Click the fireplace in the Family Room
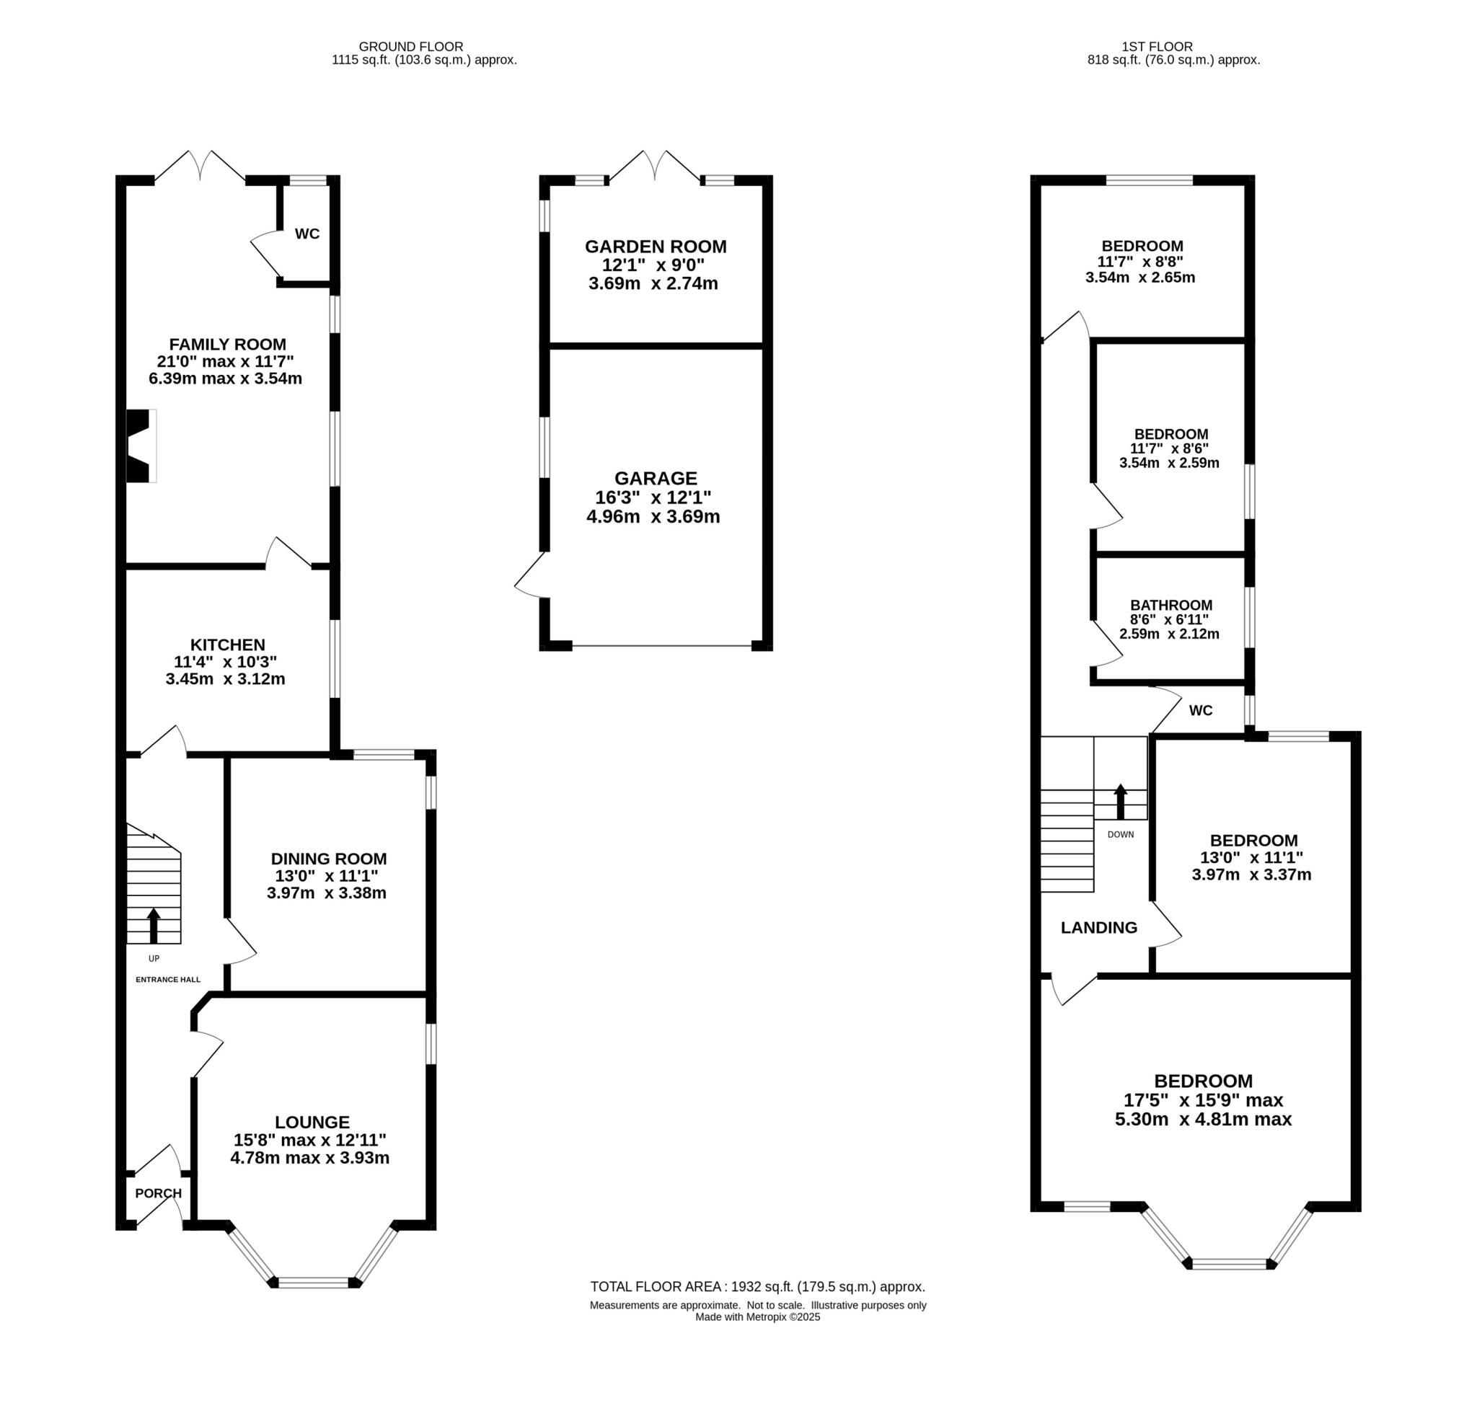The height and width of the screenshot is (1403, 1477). click(140, 446)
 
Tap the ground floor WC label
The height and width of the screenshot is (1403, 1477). click(307, 234)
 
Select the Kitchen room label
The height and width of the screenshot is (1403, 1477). click(227, 645)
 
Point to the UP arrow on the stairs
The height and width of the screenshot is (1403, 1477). click(154, 926)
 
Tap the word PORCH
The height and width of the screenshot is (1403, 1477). click(158, 1193)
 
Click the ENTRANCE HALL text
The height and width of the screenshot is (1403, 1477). click(167, 980)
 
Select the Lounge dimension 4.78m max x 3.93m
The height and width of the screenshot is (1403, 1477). click(310, 1159)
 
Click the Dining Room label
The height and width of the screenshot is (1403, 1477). click(328, 859)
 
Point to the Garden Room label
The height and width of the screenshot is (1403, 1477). click(656, 247)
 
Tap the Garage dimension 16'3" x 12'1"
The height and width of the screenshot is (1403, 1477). click(653, 497)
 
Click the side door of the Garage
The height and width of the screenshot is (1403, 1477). click(533, 575)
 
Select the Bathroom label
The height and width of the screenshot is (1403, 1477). click(1171, 605)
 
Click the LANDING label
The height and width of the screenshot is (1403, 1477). click(1098, 928)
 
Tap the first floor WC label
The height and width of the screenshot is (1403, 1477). click(1200, 710)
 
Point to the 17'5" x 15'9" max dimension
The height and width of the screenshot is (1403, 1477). click(1203, 1100)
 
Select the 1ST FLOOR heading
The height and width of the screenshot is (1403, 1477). click(1173, 46)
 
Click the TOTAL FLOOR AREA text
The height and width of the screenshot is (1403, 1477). click(757, 1287)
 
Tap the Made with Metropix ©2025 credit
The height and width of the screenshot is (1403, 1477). click(757, 1317)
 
